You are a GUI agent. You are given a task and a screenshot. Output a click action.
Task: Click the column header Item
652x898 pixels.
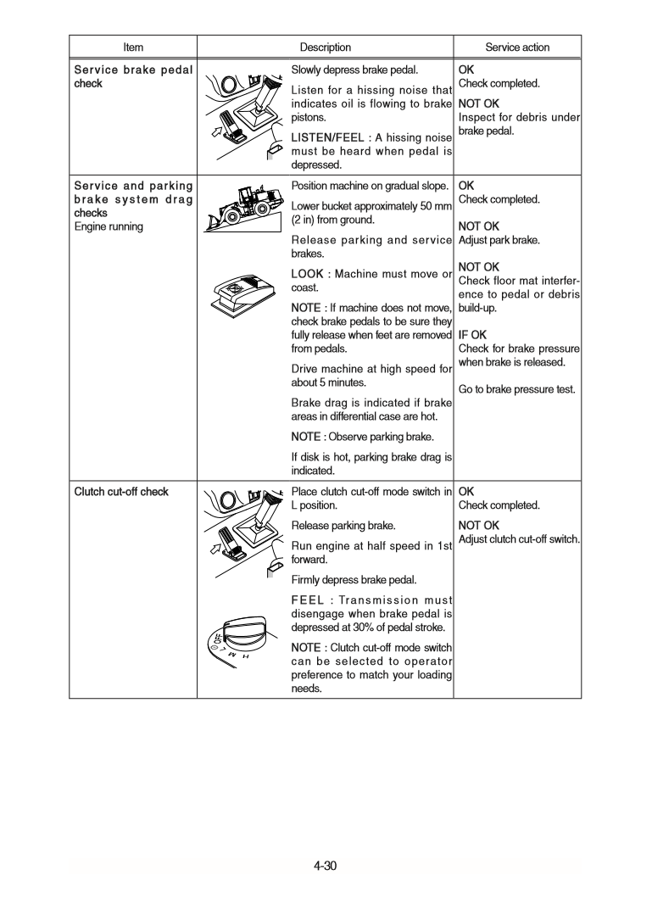[x=133, y=47]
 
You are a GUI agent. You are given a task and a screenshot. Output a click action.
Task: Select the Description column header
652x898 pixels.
[x=325, y=47]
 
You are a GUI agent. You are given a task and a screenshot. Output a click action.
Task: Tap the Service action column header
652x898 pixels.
[x=517, y=47]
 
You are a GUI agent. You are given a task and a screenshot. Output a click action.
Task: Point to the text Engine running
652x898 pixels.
[x=109, y=227]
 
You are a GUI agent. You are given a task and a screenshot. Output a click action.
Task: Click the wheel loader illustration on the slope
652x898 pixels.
[x=246, y=206]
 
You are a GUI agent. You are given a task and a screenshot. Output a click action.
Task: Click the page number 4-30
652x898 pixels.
[x=326, y=866]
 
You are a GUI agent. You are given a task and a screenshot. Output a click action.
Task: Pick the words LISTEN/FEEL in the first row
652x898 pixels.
[x=326, y=137]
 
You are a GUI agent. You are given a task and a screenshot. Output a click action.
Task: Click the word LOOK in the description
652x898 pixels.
[x=308, y=274]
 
